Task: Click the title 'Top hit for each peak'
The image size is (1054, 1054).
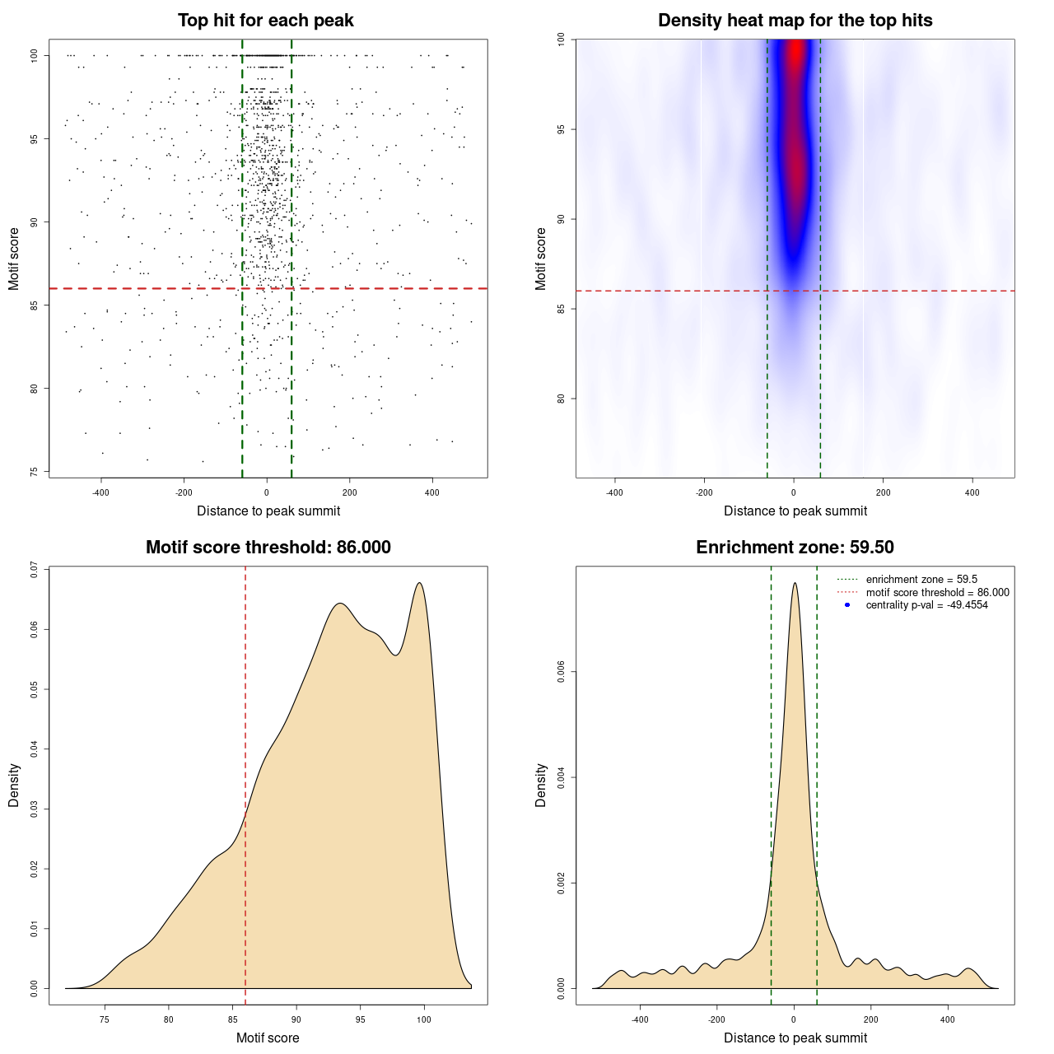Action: (265, 21)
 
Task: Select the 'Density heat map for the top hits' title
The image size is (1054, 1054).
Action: (795, 21)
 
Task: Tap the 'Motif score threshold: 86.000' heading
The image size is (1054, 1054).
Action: (268, 548)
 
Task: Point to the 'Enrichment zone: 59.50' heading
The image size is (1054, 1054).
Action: (795, 548)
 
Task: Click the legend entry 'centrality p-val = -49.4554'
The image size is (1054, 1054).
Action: (926, 605)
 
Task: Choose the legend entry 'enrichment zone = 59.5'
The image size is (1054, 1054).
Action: (921, 580)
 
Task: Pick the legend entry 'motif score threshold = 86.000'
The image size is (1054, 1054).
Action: (937, 593)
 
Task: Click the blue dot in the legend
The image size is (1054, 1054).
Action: (847, 605)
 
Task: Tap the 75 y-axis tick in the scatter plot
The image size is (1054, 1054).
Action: (34, 472)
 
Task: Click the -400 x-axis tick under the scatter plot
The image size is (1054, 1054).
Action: (100, 493)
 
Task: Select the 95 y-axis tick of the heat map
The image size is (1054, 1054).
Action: (561, 129)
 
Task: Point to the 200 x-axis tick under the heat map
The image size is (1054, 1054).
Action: (883, 493)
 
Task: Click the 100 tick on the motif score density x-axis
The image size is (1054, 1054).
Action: (424, 1020)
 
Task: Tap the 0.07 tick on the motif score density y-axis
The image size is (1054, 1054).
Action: (34, 570)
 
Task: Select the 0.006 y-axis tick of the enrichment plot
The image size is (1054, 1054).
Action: (561, 672)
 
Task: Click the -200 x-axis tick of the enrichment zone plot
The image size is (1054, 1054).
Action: (716, 1020)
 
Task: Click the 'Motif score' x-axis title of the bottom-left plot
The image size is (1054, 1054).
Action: (268, 1038)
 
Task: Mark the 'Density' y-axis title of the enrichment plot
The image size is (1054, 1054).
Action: (541, 785)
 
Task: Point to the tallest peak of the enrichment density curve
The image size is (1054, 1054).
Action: (795, 583)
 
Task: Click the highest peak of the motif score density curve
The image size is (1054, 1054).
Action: (420, 583)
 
